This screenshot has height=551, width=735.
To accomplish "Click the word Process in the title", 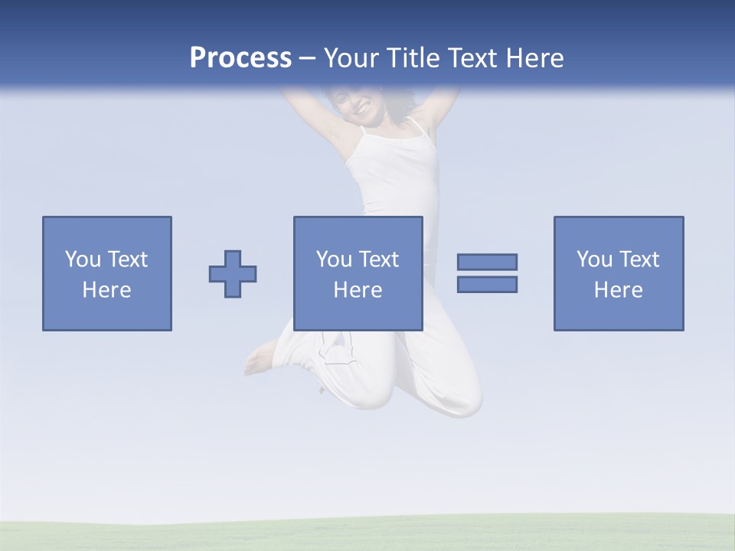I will pyautogui.click(x=240, y=58).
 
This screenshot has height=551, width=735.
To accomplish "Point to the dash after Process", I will pyautogui.click(x=308, y=59).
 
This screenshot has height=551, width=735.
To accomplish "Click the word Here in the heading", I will pyautogui.click(x=534, y=58).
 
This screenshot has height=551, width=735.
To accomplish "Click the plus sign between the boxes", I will pyautogui.click(x=233, y=274).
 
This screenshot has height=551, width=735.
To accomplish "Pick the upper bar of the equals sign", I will pyautogui.click(x=487, y=262).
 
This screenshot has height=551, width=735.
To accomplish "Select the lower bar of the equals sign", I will pyautogui.click(x=487, y=284).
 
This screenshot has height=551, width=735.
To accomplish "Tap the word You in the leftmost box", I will pyautogui.click(x=83, y=259).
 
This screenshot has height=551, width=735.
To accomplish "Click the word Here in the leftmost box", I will pyautogui.click(x=106, y=290).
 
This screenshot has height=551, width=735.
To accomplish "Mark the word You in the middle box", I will pyautogui.click(x=334, y=259).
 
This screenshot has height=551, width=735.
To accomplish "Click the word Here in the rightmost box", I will pyautogui.click(x=618, y=290).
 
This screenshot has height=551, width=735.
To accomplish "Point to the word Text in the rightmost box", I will pyautogui.click(x=639, y=259).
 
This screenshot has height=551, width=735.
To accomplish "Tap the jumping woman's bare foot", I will pyautogui.click(x=260, y=360).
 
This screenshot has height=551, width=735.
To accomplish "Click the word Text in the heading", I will pyautogui.click(x=472, y=58).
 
